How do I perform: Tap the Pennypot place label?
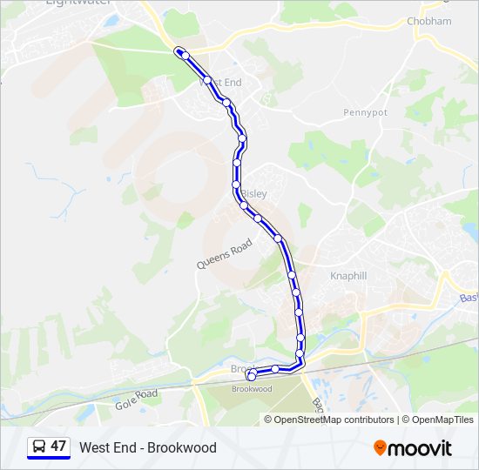[364, 112]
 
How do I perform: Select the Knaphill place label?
[349, 276]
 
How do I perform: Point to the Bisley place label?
[254, 193]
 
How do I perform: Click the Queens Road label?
[224, 254]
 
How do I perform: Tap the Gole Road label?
[137, 399]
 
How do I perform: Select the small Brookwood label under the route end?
[252, 389]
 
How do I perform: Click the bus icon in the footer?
[38, 446]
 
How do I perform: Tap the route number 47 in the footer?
[58, 446]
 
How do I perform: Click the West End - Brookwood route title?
[148, 447]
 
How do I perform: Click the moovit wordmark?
[420, 448]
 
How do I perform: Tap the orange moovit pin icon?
[380, 448]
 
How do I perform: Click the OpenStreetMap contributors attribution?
[334, 420]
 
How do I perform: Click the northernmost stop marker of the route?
[179, 50]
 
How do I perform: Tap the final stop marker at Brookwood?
[252, 376]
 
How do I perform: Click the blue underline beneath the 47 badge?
[49, 458]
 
